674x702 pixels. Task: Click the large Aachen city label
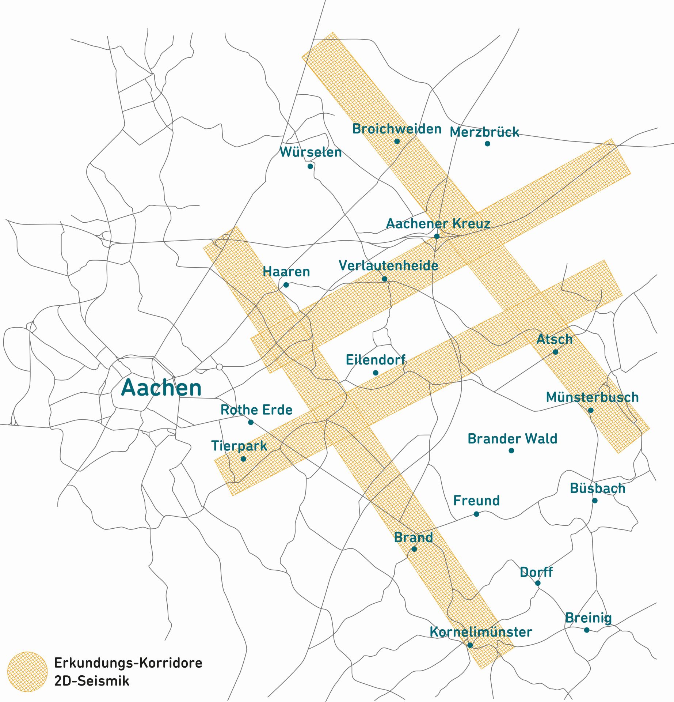pyautogui.click(x=161, y=388)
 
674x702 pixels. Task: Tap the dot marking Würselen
pyautogui.click(x=310, y=166)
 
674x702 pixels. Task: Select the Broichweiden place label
pyautogui.click(x=397, y=129)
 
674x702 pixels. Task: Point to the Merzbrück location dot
pyautogui.click(x=487, y=144)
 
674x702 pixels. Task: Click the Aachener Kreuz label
pyautogui.click(x=438, y=223)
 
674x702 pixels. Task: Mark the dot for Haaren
pyautogui.click(x=286, y=285)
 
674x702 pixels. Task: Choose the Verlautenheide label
pyautogui.click(x=388, y=266)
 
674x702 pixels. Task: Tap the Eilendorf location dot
pyautogui.click(x=376, y=373)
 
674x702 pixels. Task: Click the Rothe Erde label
pyautogui.click(x=256, y=410)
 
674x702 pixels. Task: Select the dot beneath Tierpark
pyautogui.click(x=243, y=459)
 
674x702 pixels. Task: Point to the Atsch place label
pyautogui.click(x=554, y=339)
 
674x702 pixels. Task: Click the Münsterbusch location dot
pyautogui.click(x=591, y=410)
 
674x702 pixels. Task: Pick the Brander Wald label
pyautogui.click(x=512, y=439)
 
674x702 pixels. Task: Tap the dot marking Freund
pyautogui.click(x=476, y=514)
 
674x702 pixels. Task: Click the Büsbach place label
pyautogui.click(x=597, y=488)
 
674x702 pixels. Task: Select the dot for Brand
pyautogui.click(x=414, y=549)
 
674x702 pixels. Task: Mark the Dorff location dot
pyautogui.click(x=538, y=583)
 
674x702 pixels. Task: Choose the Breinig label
pyautogui.click(x=588, y=618)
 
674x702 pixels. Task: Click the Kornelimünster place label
pyautogui.click(x=481, y=632)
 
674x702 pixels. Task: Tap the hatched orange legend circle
pyautogui.click(x=27, y=672)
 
